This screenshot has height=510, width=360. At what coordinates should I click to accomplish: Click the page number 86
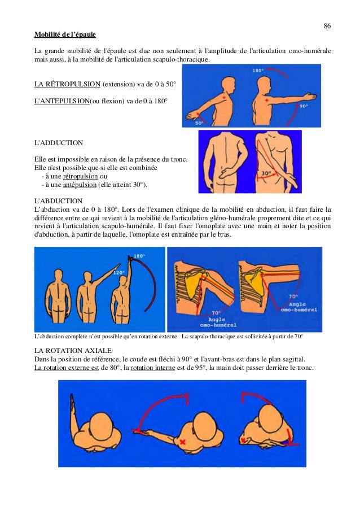tap(327, 26)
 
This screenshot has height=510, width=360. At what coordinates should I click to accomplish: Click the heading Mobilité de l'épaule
tap(65, 34)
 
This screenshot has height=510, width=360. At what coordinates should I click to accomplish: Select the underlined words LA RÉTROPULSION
tap(67, 84)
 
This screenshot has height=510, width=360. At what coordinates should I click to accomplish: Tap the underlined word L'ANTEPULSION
tap(62, 101)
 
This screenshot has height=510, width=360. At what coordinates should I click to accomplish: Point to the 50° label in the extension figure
tap(199, 123)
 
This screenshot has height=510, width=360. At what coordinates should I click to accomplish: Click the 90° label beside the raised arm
tap(304, 106)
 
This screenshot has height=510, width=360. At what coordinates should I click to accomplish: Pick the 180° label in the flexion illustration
tap(258, 70)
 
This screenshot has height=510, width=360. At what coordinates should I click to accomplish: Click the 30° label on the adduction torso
tap(266, 173)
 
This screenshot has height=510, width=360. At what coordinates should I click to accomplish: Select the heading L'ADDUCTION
tap(59, 143)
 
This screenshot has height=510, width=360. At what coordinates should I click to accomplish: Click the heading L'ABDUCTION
tap(59, 200)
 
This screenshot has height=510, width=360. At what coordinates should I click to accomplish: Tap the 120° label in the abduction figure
tap(118, 273)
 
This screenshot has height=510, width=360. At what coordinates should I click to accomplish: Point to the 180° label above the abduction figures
tap(139, 256)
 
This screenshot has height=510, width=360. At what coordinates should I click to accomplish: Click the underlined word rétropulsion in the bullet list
tap(80, 176)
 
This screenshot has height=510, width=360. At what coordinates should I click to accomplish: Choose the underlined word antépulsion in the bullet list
tap(80, 185)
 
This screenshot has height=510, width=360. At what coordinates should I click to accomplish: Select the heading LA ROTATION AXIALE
tap(73, 351)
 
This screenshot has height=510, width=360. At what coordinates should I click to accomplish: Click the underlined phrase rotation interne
tap(153, 368)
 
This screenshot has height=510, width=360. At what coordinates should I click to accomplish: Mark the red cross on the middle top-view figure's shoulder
tap(183, 442)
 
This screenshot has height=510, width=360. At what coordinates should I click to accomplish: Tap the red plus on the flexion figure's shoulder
tap(266, 101)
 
